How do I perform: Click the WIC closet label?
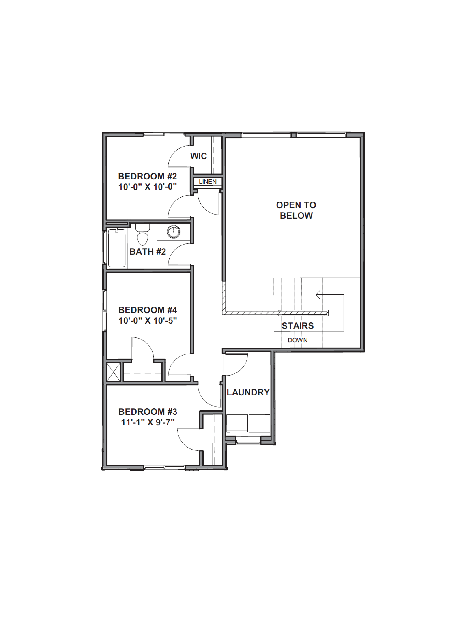(x=199, y=156)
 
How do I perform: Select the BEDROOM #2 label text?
(x=147, y=176)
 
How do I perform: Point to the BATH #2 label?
(x=148, y=252)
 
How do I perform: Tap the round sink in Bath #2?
(x=173, y=232)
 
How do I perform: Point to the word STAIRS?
(x=298, y=326)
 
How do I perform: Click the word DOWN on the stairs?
(x=298, y=340)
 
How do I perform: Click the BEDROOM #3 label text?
(x=148, y=412)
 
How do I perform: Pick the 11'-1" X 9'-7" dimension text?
(x=148, y=422)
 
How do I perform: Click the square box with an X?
(x=114, y=372)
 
